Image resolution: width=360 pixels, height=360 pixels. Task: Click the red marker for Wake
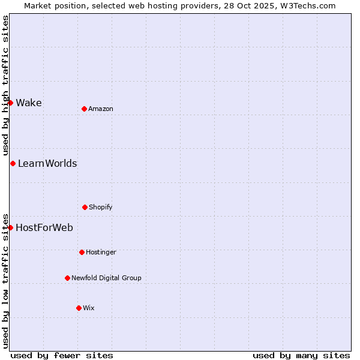point(10,103)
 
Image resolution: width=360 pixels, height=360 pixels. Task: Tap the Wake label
point(29,103)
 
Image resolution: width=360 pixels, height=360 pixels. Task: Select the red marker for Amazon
point(84,109)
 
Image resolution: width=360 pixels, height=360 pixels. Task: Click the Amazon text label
point(101,109)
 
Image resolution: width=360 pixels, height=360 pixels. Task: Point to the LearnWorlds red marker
point(13,163)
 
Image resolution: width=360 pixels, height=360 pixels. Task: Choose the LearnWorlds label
point(47,163)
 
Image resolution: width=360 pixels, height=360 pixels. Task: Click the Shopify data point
point(85,207)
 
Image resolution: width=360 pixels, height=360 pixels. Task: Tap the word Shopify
point(101,207)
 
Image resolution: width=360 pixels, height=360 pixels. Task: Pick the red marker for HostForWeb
point(10,227)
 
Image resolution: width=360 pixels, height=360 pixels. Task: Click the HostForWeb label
point(44,227)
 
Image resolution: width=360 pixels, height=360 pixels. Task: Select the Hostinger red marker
point(82,252)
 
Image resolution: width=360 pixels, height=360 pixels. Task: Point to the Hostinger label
point(101,252)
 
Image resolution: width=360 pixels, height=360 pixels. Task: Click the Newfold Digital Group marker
point(67,278)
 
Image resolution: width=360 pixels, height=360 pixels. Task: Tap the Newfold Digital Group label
point(106,278)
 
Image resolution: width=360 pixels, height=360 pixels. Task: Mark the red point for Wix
point(79,308)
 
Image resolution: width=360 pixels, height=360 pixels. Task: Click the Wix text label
point(89,308)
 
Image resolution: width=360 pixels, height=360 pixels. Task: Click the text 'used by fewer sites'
point(62,355)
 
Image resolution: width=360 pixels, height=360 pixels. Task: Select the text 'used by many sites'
point(301,355)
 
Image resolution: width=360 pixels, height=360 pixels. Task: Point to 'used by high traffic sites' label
point(5,85)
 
